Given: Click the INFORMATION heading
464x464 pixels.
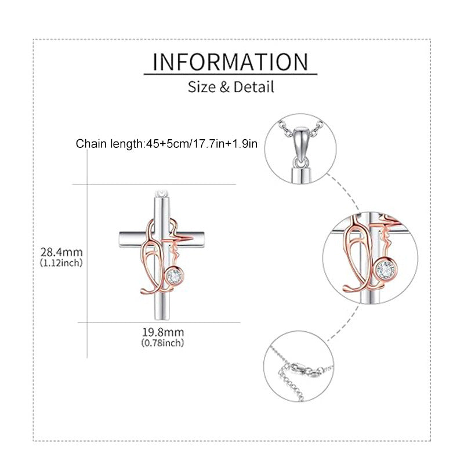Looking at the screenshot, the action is click(230, 62).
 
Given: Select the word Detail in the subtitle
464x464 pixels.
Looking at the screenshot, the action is click(253, 87).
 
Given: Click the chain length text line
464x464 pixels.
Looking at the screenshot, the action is click(166, 144).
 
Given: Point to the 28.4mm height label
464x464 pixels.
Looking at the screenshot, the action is click(61, 252).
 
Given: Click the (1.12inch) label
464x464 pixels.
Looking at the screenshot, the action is click(61, 263).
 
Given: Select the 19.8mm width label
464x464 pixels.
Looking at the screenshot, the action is click(163, 332).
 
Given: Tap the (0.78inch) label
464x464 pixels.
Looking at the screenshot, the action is click(163, 343).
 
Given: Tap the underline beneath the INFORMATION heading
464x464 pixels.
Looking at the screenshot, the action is click(230, 74).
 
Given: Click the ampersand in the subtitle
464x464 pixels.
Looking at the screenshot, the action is click(224, 88).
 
